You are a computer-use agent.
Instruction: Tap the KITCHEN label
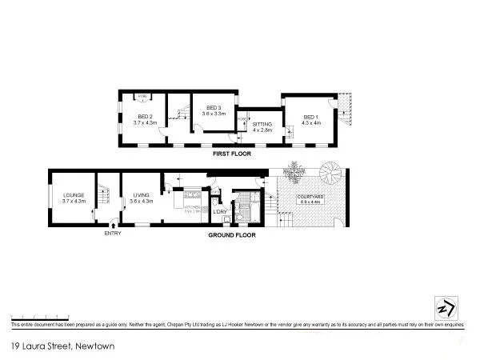(195, 206)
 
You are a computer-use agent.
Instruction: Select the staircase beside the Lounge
(103, 197)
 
